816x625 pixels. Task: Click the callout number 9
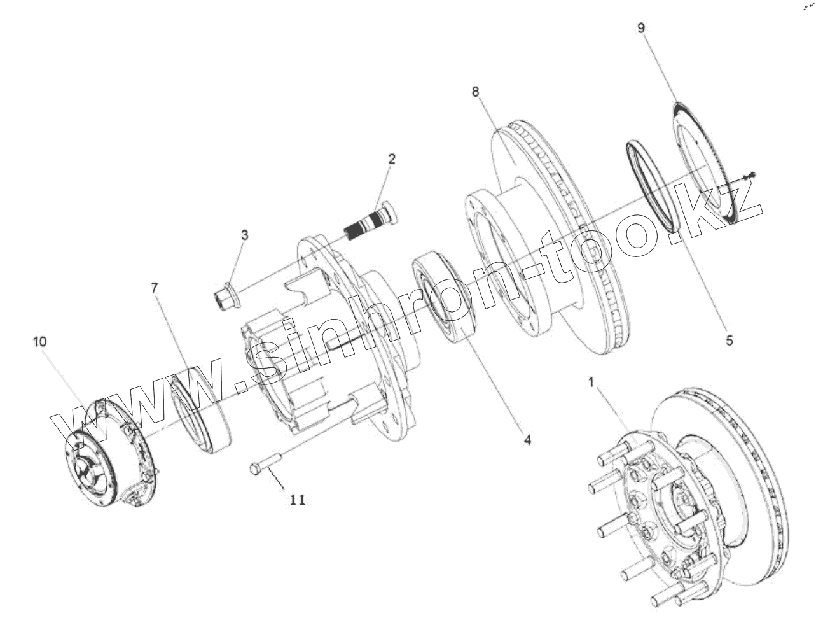[641, 28]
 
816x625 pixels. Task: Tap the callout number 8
[476, 91]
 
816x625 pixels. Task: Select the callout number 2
[392, 158]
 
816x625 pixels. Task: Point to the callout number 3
[245, 235]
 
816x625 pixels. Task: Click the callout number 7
[154, 288]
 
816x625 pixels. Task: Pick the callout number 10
[39, 341]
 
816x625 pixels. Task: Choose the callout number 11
[297, 500]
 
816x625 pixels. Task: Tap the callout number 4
[527, 439]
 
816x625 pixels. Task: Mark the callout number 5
[730, 341]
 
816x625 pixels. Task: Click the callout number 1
[591, 383]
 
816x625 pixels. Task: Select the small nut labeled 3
[226, 297]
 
